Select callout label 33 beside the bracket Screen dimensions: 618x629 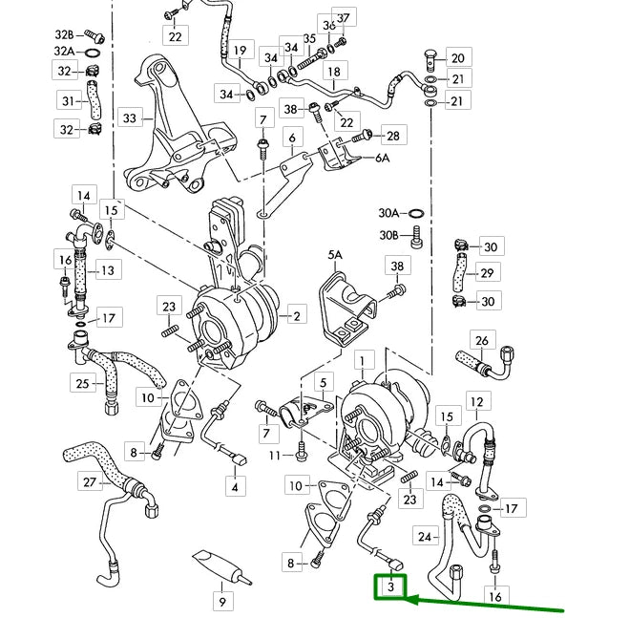pos(130,118)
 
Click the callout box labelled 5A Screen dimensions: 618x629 pos(335,256)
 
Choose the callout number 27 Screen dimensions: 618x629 pos(90,482)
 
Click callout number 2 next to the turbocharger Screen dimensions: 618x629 pos(297,316)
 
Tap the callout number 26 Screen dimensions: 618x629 pos(482,341)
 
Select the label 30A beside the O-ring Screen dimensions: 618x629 pos(388,214)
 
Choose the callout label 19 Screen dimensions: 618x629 pos(239,50)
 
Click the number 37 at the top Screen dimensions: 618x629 pos(342,18)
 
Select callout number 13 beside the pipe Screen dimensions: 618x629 pos(107,271)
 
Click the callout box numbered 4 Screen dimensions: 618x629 pos(233,487)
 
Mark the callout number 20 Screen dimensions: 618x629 pos(457,58)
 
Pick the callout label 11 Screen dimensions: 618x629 pos(275,457)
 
